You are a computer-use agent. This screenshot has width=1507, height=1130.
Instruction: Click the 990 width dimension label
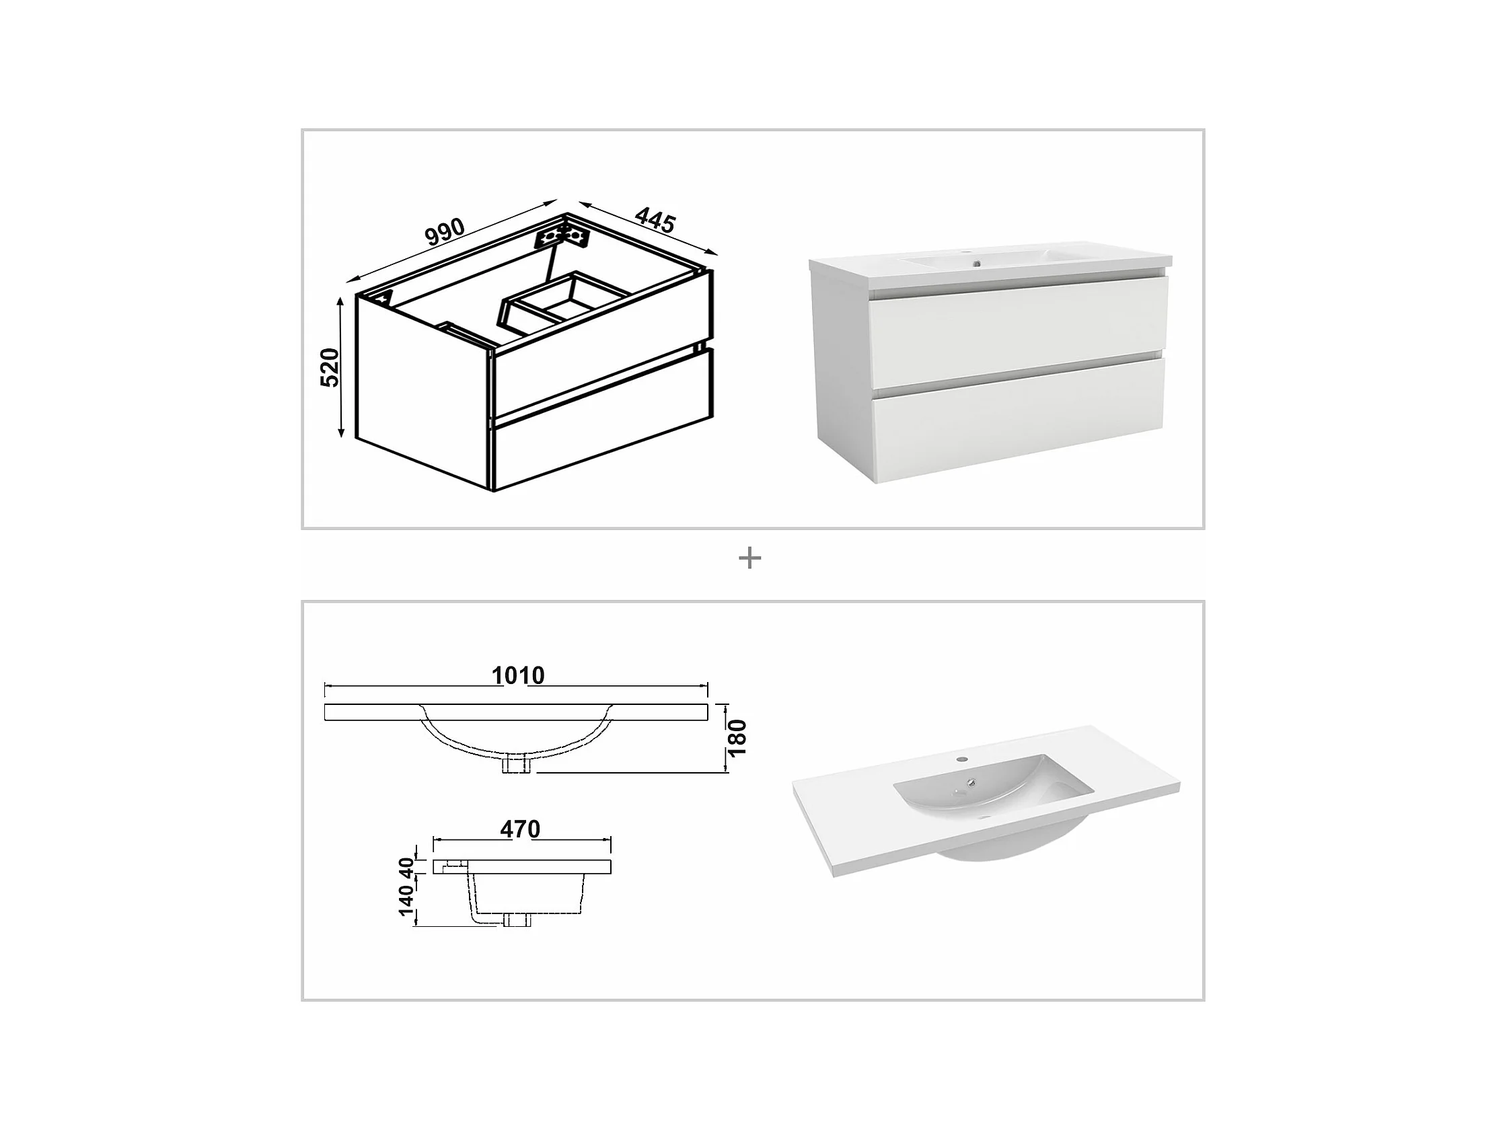[x=444, y=231]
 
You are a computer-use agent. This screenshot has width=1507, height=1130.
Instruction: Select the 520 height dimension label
[x=330, y=368]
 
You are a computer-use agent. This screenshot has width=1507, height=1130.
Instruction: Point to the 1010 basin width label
[x=518, y=676]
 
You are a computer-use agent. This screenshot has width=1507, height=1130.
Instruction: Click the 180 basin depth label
[x=737, y=738]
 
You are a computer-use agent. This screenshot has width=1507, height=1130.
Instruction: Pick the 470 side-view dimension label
[x=520, y=829]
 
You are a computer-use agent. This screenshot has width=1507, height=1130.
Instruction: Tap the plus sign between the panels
[x=749, y=558]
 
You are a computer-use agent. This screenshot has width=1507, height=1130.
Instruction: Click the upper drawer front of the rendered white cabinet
[x=1018, y=333]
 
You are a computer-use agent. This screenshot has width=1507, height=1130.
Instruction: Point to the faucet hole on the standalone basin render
[x=961, y=759]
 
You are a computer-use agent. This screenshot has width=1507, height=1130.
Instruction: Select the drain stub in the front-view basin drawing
[x=517, y=765]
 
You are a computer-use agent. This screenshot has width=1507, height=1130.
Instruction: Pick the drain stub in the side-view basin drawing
[x=517, y=920]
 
